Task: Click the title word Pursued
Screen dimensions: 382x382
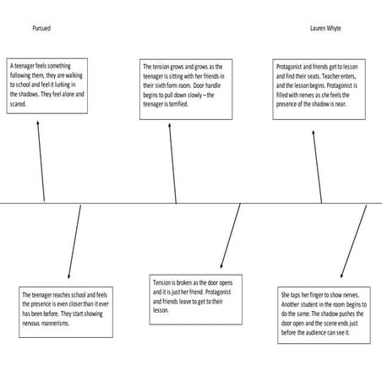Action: pyautogui.click(x=41, y=28)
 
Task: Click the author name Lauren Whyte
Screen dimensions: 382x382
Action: pyautogui.click(x=326, y=28)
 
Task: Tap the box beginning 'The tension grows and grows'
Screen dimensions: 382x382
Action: pyautogui.click(x=183, y=87)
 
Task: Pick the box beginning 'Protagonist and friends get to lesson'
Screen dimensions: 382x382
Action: pyautogui.click(x=317, y=89)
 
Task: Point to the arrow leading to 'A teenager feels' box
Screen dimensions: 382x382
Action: pyautogui.click(x=40, y=160)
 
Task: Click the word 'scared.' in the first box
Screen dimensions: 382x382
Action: pyautogui.click(x=19, y=108)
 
